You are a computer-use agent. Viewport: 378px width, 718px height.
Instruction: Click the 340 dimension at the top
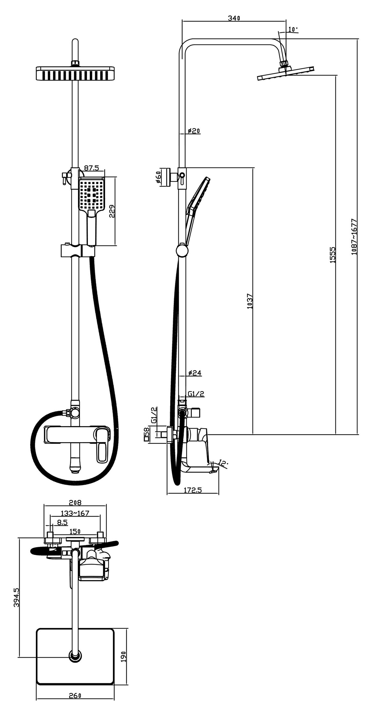[x=234, y=18]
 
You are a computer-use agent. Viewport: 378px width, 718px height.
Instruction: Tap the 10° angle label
[x=293, y=29]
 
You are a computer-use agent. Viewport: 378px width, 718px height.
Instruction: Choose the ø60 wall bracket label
[x=158, y=179]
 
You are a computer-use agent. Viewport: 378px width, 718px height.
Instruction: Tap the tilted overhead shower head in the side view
[x=286, y=73]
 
